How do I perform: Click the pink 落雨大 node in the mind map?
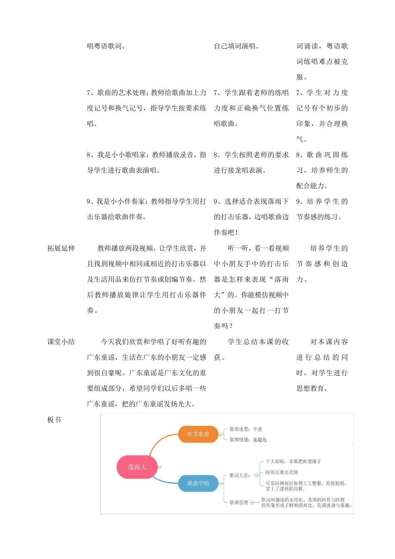137,467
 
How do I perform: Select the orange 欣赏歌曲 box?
198,434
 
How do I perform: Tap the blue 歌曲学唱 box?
198,483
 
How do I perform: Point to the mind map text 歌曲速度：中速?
246,429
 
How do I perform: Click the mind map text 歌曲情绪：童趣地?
248,440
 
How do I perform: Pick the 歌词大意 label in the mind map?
239,475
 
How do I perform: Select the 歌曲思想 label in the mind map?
239,502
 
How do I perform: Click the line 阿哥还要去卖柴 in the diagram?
282,472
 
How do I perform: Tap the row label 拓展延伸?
61,248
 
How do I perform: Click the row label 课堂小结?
61,342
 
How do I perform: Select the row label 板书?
54,420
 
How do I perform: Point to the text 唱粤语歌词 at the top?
106,46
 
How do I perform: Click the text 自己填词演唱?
236,46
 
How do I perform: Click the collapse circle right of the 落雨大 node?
160,467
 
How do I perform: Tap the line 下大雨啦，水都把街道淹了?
293,461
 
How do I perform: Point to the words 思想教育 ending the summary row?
310,388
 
